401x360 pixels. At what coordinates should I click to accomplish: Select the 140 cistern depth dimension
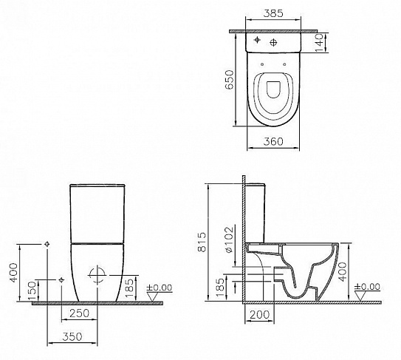tap(318, 44)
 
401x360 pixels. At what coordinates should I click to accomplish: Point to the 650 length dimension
tap(230, 78)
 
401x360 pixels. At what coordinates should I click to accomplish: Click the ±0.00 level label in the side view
tap(369, 287)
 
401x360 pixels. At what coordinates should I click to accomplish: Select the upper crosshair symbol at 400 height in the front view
tap(47, 243)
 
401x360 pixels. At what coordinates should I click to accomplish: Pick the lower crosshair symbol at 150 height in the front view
tap(61, 280)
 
